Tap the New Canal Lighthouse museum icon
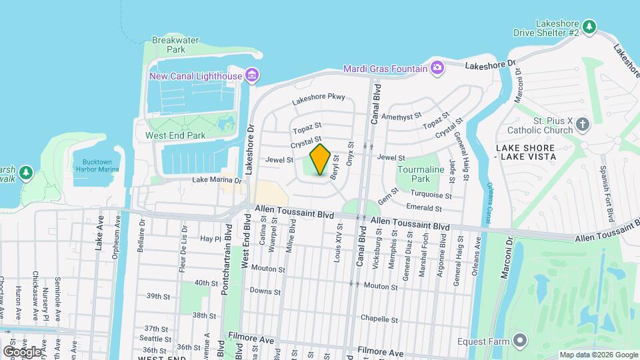click(251, 76)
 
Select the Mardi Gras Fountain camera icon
click(437, 67)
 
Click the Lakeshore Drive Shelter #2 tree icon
click(589, 27)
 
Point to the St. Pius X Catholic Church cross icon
click(583, 125)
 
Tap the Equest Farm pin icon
click(520, 342)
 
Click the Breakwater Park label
click(175, 45)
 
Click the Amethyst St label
click(402, 116)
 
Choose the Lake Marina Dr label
click(217, 180)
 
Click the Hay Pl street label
click(209, 238)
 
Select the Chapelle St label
click(379, 319)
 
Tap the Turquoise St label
click(431, 195)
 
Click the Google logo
click(23, 351)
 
